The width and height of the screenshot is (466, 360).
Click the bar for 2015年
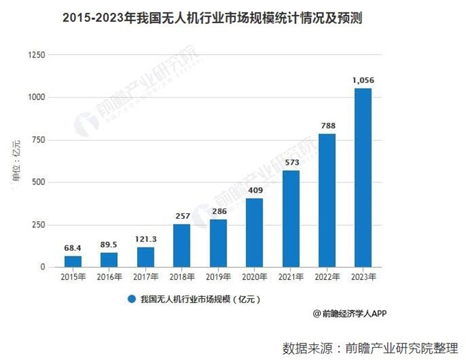[73, 261]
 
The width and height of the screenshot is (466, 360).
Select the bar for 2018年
[182, 245]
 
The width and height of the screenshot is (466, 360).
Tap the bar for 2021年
[291, 219]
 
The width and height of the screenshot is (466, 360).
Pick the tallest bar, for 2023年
[363, 178]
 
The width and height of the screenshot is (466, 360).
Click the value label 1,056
[363, 80]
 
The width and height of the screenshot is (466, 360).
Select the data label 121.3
[145, 239]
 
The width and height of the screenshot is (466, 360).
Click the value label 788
[327, 125]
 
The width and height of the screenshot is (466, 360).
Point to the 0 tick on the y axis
[42, 267]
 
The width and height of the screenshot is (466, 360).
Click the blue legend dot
[130, 299]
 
